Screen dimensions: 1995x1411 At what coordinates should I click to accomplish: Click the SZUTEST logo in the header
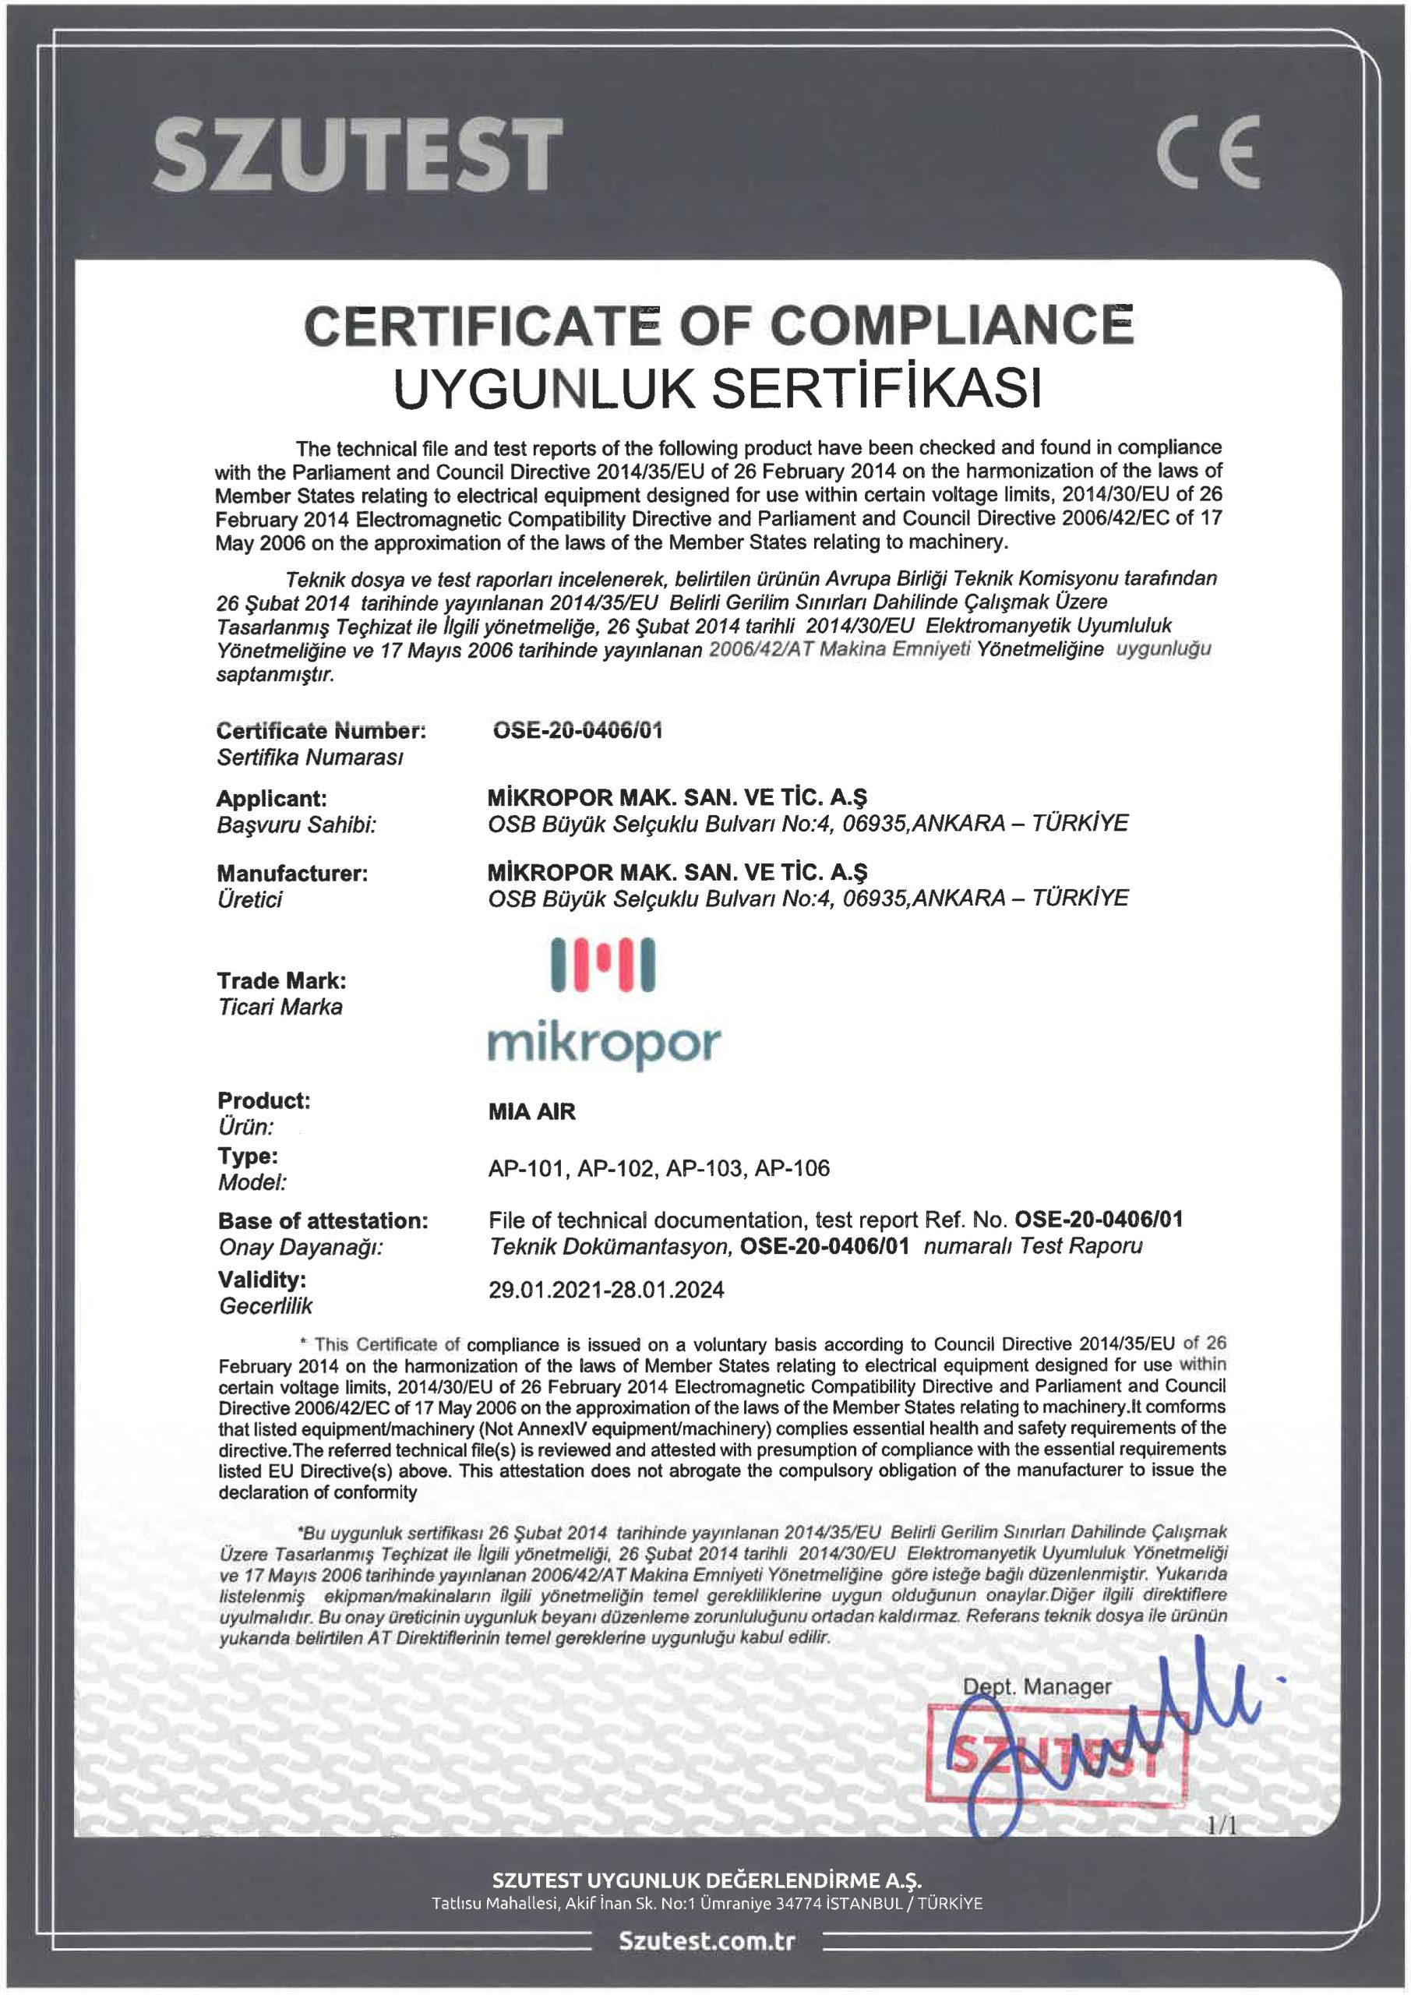tap(357, 154)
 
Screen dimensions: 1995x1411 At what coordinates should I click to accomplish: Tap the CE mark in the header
tap(1208, 154)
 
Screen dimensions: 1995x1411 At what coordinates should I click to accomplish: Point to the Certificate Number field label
tap(320, 731)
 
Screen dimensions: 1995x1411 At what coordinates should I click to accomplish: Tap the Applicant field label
tap(271, 798)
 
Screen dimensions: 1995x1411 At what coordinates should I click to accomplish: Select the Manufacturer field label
tap(292, 874)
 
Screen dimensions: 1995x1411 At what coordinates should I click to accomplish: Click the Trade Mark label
tap(281, 981)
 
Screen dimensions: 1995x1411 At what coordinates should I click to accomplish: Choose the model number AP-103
tap(704, 1168)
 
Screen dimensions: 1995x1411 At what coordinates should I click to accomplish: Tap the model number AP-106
tap(792, 1168)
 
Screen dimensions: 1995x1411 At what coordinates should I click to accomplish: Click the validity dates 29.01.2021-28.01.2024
tap(606, 1290)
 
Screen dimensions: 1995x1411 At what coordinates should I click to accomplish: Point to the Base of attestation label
tap(323, 1221)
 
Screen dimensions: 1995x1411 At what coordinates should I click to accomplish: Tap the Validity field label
tap(262, 1279)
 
